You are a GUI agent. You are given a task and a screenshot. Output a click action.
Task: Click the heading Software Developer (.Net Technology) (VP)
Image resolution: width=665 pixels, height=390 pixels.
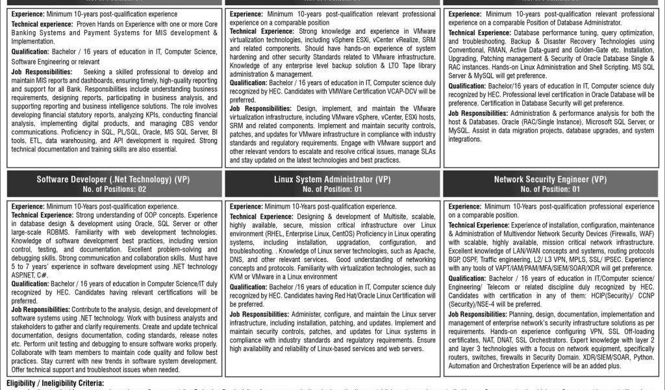110,179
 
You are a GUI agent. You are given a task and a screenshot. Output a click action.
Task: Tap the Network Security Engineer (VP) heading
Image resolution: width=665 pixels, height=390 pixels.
550,179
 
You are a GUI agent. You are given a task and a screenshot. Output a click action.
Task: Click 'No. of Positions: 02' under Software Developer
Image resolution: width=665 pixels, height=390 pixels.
110,189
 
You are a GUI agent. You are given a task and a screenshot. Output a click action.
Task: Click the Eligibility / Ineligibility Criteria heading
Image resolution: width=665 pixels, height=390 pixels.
55,383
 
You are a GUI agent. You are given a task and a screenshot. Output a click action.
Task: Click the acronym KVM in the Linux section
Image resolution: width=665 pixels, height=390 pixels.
238,276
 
